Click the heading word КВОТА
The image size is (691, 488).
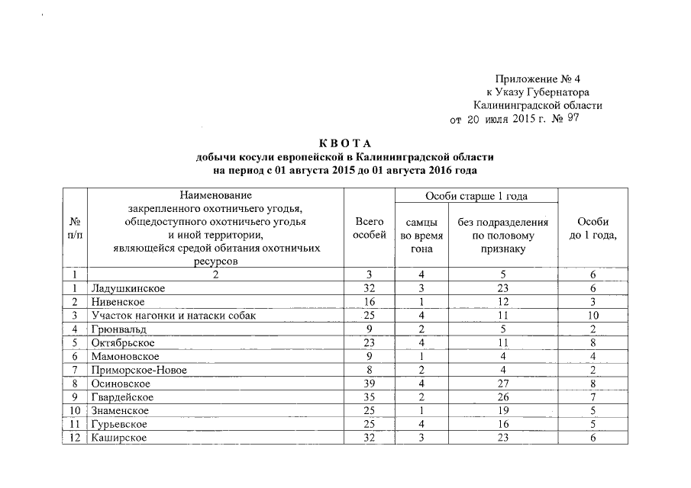345,144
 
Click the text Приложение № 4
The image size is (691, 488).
537,79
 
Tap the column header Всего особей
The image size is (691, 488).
370,228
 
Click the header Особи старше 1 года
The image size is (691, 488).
476,197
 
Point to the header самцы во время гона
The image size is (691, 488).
421,235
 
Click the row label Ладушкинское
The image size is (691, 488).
128,288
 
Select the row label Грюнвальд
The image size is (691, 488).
118,329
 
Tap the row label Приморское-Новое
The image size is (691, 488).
138,371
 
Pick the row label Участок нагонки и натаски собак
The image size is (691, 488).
173,316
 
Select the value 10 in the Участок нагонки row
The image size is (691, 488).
593,316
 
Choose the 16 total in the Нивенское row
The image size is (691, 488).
370,302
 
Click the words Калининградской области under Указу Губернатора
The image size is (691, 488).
537,105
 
